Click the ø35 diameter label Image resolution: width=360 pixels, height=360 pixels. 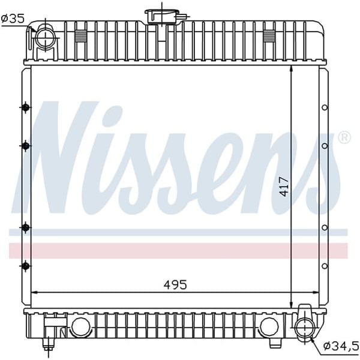point(13,19)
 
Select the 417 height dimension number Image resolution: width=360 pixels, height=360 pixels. point(284,187)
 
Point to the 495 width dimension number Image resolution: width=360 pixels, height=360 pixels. point(175,284)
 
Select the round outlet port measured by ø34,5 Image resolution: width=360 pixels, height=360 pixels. point(304,326)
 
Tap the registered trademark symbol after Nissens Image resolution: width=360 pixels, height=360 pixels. point(344,138)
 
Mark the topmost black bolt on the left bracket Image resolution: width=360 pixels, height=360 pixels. point(25,107)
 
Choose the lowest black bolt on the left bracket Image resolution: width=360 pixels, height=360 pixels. point(25,265)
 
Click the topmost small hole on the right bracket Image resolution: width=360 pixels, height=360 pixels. point(325,108)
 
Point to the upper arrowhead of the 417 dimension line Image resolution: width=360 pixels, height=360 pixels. point(291,70)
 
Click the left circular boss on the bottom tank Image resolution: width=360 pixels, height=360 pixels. point(80,326)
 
